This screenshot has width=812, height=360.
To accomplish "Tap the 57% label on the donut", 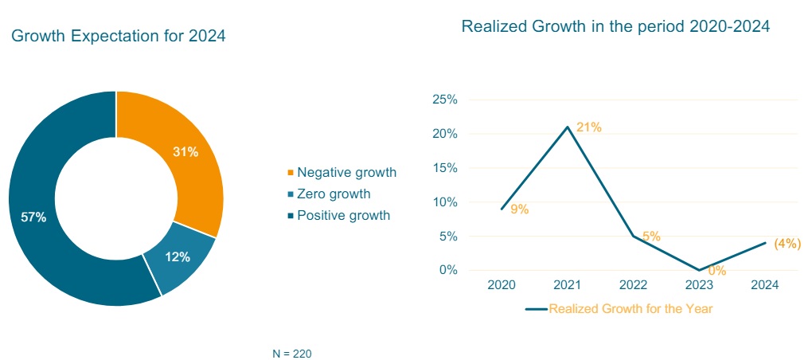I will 33,217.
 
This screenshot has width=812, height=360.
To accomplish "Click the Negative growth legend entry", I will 345,173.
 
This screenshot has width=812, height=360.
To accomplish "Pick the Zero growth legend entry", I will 333,194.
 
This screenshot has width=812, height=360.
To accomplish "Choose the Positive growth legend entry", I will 343,215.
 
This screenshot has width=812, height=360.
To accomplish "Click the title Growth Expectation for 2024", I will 119,36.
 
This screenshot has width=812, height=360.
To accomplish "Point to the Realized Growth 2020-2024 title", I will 615,26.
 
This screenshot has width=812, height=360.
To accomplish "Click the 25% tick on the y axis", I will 444,100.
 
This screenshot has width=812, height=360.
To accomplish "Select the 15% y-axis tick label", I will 444,168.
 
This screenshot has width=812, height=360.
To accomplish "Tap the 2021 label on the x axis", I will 568,285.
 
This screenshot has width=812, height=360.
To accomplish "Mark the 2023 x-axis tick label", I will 699,285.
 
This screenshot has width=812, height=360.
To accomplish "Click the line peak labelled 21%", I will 568,127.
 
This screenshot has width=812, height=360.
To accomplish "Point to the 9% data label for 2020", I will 520,209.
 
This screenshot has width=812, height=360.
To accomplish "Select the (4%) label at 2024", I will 787,244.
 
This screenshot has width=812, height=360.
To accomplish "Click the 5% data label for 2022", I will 651,237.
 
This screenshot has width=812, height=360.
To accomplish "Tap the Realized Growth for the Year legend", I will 630,309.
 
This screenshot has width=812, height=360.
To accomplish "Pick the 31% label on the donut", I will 185,152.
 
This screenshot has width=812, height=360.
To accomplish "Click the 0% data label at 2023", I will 716,271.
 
